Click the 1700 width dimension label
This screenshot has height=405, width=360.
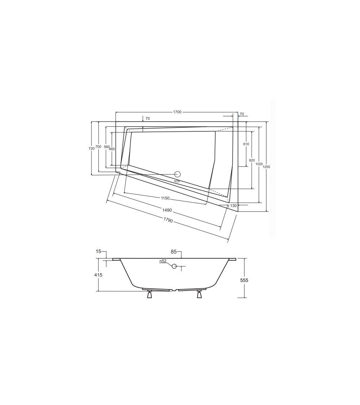[177, 112]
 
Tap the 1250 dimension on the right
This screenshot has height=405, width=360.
[266, 167]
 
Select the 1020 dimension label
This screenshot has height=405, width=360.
[259, 164]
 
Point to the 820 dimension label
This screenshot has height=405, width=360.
[252, 160]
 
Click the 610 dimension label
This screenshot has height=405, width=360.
[246, 144]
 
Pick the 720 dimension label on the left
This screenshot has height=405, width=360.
[91, 149]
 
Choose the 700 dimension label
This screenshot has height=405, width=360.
[98, 147]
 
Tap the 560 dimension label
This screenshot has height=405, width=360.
[107, 147]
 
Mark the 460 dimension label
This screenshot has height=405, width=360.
[112, 149]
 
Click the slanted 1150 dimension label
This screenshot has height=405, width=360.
[165, 198]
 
